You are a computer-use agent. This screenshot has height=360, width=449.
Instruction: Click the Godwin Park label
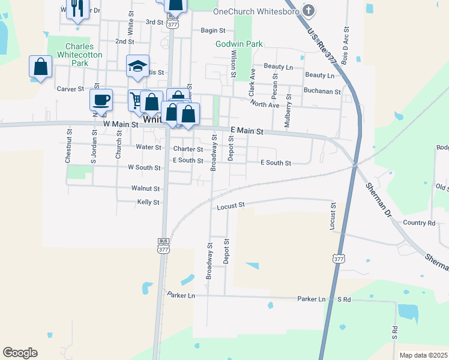(239, 44)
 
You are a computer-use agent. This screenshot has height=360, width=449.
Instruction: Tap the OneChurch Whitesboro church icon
(309, 11)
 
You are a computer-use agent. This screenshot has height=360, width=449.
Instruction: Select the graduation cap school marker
(137, 66)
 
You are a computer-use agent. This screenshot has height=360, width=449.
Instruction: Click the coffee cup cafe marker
(101, 99)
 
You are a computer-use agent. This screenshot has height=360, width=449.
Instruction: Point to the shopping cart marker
(137, 99)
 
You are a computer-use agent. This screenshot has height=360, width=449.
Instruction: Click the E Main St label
(247, 130)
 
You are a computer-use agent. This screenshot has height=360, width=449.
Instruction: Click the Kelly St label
(148, 202)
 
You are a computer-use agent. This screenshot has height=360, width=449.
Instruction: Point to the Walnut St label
(146, 188)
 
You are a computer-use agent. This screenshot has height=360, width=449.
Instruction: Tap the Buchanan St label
(322, 92)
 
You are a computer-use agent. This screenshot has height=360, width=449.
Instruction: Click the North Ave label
(265, 104)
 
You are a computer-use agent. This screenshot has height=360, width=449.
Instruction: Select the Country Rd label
(418, 222)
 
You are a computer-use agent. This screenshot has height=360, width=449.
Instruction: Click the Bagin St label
(212, 30)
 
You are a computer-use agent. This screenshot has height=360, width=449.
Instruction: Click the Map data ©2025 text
(423, 355)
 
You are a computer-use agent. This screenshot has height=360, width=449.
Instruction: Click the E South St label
(276, 163)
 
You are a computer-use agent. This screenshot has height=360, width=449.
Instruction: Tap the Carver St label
(70, 89)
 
